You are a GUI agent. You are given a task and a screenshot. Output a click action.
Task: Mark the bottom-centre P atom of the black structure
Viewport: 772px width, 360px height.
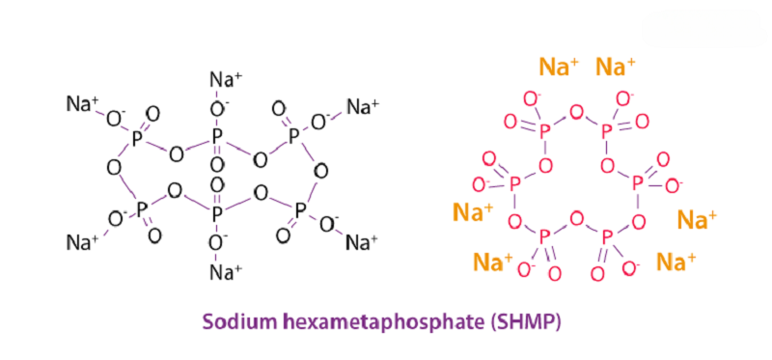pyautogui.click(x=217, y=209)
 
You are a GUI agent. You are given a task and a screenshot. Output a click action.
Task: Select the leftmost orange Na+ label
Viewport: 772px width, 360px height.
pyautogui.click(x=473, y=210)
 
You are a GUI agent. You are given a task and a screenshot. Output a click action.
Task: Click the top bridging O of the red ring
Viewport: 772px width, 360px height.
pyautogui.click(x=576, y=113)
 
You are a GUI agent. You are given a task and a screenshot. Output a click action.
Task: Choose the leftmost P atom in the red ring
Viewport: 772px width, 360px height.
pyautogui.click(x=514, y=181)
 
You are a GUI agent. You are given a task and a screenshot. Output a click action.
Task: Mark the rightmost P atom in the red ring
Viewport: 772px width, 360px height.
pyautogui.click(x=638, y=180)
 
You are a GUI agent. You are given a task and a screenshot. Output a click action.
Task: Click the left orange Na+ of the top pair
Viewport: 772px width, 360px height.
pyautogui.click(x=559, y=67)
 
